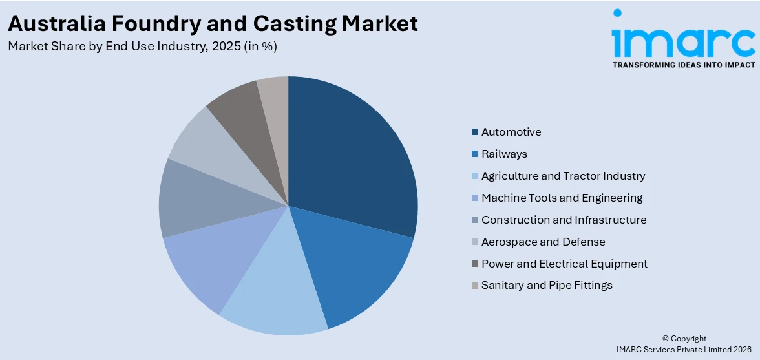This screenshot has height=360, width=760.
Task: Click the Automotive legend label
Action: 511,132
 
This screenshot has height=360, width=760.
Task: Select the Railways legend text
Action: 504,154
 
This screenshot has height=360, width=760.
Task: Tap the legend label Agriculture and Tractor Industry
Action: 563,176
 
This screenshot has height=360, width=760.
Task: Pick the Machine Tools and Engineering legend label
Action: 562,198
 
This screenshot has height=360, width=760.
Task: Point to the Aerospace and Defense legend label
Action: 543,242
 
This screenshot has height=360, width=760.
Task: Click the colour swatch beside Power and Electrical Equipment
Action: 475,264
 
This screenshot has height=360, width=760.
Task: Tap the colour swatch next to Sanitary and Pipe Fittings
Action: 475,286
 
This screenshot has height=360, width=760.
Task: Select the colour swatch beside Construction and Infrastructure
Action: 475,220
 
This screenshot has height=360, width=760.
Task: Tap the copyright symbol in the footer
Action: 666,339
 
